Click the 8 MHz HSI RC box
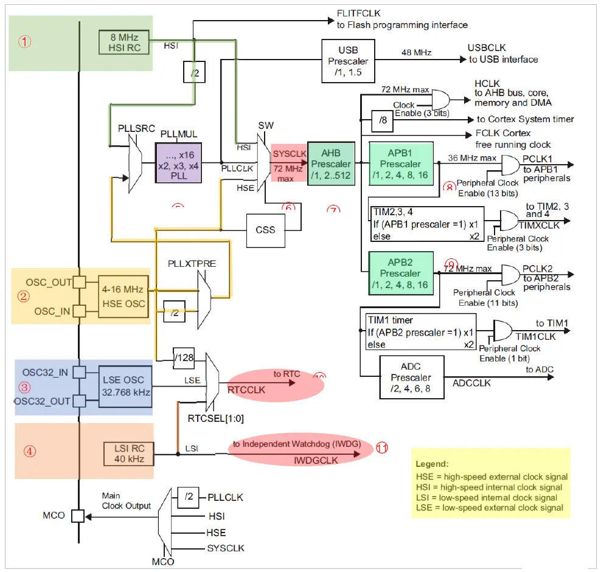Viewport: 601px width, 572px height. (124, 42)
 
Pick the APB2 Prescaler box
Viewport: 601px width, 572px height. (400, 273)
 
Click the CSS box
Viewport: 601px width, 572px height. (266, 230)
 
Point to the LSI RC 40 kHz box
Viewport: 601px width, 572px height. (129, 453)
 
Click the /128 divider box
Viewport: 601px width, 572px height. (184, 357)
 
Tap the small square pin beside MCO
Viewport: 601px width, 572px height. (77, 516)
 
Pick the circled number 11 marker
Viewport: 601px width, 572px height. (381, 448)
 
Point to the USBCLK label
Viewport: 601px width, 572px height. (487, 48)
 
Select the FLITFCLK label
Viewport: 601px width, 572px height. (360, 13)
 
